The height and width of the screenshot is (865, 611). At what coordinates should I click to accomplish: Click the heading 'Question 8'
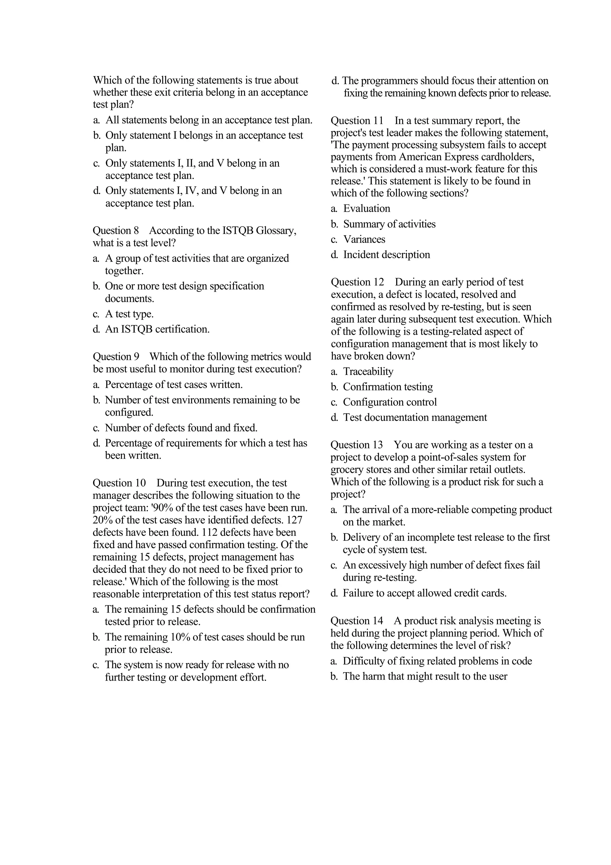pyautogui.click(x=115, y=230)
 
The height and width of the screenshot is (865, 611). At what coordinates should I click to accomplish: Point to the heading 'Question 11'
pyautogui.click(x=357, y=121)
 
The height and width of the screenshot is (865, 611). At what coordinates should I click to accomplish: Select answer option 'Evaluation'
pyautogui.click(x=366, y=208)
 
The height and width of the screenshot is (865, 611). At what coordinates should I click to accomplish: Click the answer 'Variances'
pyautogui.click(x=364, y=239)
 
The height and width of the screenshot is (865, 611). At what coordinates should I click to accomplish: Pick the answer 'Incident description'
pyautogui.click(x=386, y=255)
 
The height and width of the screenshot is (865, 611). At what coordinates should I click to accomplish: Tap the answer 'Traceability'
pyautogui.click(x=368, y=372)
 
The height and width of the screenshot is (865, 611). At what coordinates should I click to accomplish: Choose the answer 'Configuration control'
pyautogui.click(x=390, y=402)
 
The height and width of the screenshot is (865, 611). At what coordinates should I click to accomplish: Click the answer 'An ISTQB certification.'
pyautogui.click(x=157, y=329)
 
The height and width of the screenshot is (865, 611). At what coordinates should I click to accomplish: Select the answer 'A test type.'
pyautogui.click(x=129, y=314)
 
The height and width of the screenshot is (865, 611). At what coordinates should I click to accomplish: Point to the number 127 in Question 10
pyautogui.click(x=294, y=520)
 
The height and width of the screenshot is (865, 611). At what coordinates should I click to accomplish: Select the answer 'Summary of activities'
pyautogui.click(x=389, y=224)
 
